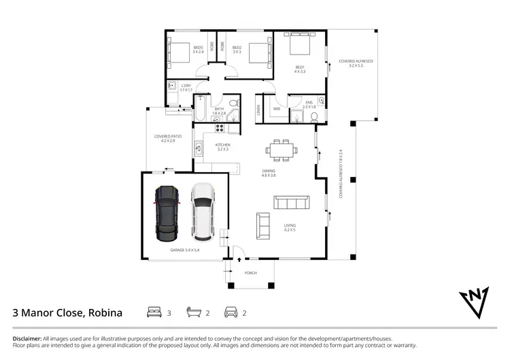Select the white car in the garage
pyautogui.click(x=203, y=213)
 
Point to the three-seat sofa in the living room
pyautogui.click(x=292, y=202)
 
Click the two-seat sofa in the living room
pyautogui.click(x=262, y=223)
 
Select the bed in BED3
pyautogui.click(x=179, y=52)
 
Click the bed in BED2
pyautogui.click(x=258, y=52)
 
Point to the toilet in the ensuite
pyautogui.click(x=314, y=117)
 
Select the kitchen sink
pyautogui.click(x=199, y=146)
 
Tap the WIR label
pyautogui.click(x=277, y=108)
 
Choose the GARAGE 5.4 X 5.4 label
pyautogui.click(x=184, y=250)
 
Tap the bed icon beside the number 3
pyautogui.click(x=153, y=312)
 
